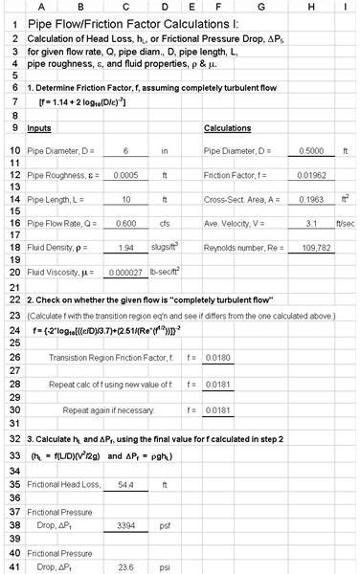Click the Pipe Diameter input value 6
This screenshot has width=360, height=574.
124,151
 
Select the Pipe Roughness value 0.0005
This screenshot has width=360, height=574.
124,176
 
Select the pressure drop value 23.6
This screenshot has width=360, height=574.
124,565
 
